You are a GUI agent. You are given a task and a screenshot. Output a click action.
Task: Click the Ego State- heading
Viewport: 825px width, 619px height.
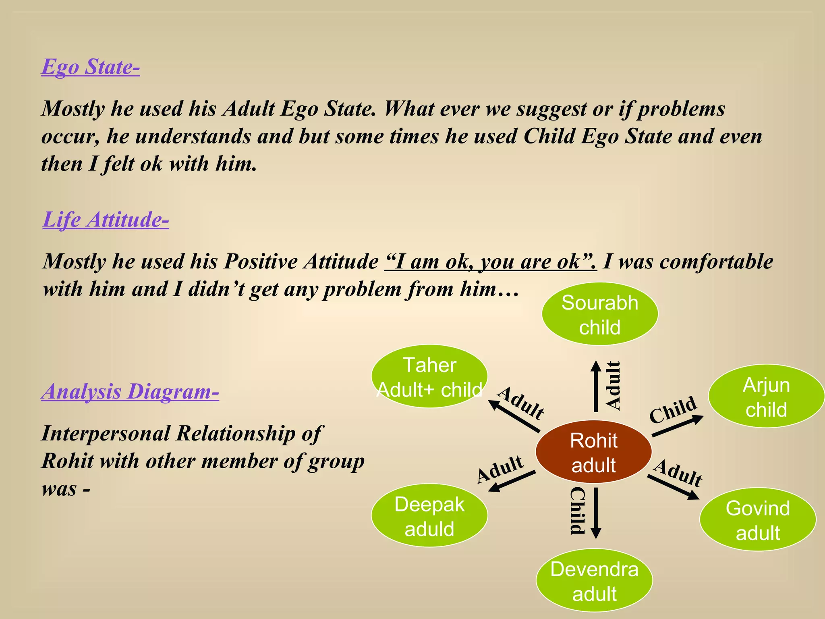[x=91, y=67]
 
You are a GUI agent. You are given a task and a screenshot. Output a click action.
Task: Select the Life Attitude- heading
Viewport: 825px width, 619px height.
[x=106, y=220]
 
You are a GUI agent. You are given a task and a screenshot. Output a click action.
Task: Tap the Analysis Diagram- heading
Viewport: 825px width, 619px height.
[x=130, y=391]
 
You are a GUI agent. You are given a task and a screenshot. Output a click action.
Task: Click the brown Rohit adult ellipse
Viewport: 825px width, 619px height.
[x=593, y=452]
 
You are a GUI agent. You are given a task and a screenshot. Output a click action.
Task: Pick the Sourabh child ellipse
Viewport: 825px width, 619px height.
[x=600, y=314]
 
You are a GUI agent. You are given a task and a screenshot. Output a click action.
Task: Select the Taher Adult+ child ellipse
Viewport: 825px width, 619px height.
[x=429, y=376]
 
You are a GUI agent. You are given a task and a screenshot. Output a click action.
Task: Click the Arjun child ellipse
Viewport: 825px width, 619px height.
[x=766, y=397]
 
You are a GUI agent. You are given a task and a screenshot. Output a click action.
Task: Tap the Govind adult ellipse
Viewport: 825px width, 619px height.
[x=758, y=520]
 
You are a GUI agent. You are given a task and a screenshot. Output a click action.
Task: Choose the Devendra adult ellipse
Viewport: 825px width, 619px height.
[x=594, y=581]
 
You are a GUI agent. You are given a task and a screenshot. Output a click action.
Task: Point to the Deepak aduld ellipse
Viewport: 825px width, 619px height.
[x=429, y=516]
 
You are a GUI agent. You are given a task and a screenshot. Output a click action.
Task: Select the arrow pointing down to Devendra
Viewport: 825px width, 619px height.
[x=596, y=513]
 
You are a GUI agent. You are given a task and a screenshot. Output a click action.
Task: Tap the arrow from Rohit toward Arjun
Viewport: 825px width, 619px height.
[x=678, y=426]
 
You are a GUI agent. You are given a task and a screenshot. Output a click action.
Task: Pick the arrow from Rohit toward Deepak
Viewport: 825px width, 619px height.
[x=512, y=481]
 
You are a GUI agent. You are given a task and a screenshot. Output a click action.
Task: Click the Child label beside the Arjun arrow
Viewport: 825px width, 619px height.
[x=673, y=409]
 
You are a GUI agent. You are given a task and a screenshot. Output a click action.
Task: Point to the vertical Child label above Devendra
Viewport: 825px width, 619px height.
[x=577, y=511]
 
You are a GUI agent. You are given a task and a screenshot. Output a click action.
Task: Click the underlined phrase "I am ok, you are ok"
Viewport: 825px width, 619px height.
[x=490, y=262]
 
